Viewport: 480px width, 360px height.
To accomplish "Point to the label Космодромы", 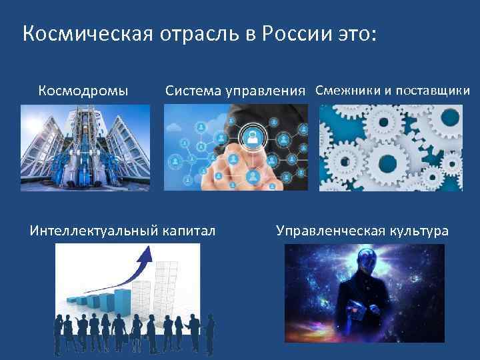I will point(83,90).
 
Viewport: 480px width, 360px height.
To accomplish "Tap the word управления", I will point(267,91).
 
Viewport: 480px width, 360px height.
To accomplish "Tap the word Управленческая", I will point(328,231).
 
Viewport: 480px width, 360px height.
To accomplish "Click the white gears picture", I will point(391,148).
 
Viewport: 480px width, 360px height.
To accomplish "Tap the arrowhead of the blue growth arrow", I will point(145,251).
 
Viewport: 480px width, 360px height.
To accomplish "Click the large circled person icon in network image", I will point(252,137).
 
